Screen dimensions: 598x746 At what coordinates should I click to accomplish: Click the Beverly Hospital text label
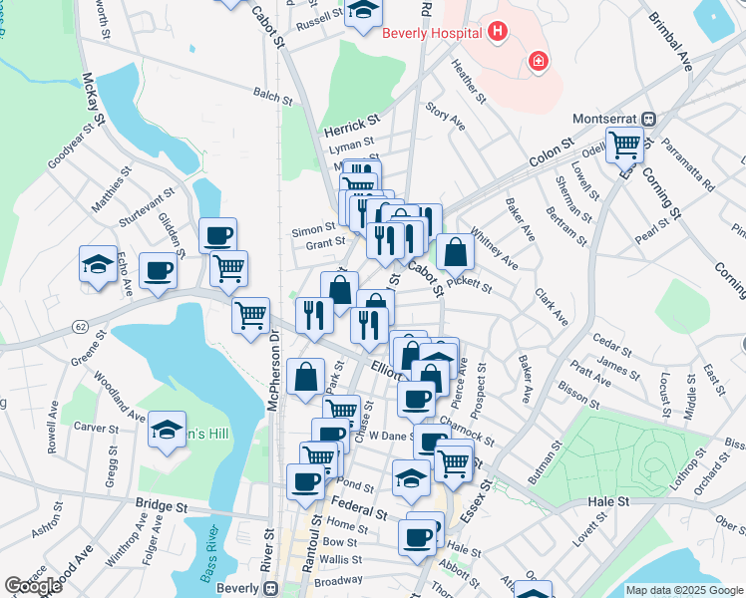(432, 32)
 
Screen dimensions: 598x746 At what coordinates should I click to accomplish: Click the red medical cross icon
(539, 62)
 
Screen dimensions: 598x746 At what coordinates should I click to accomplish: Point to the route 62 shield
(79, 326)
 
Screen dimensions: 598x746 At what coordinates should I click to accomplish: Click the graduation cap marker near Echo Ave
(99, 264)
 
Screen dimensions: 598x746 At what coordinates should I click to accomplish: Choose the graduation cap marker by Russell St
(364, 12)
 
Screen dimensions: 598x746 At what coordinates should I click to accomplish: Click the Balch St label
(270, 95)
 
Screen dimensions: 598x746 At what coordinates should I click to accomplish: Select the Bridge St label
(162, 506)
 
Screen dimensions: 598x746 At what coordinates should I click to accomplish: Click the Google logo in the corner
(33, 586)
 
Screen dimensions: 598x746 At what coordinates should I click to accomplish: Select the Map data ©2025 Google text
(685, 590)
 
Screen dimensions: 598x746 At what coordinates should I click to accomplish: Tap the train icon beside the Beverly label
(269, 589)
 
